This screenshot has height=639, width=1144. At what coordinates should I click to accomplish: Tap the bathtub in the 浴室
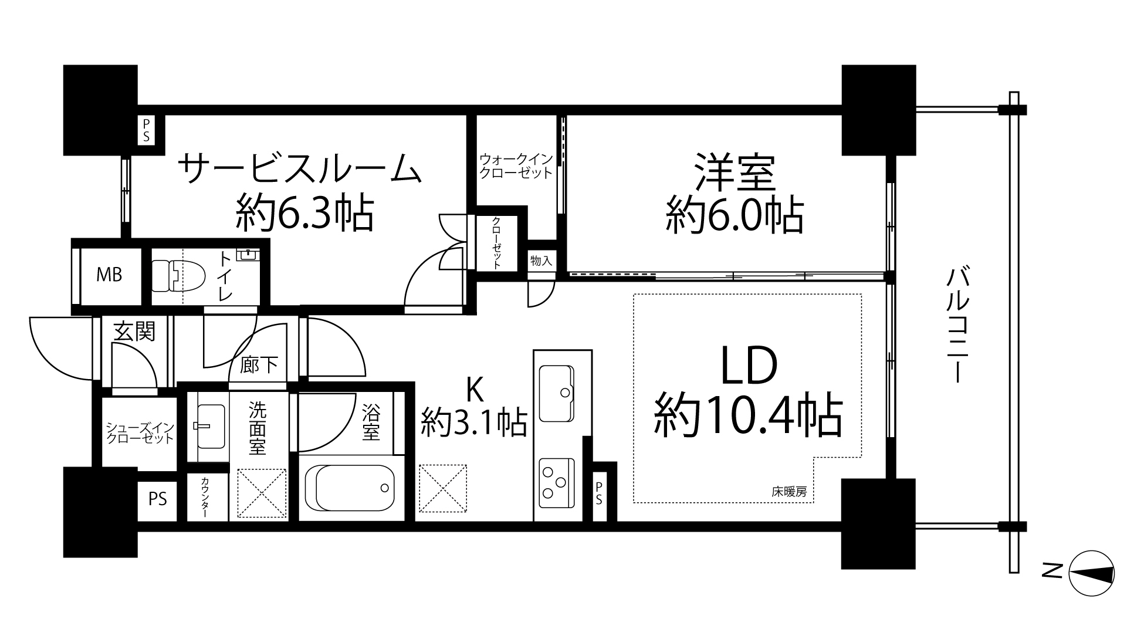(350, 488)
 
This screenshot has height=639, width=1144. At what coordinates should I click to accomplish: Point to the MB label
(110, 275)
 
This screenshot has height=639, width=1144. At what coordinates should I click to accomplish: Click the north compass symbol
(1091, 574)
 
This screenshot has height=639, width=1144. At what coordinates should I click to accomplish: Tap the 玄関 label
(135, 332)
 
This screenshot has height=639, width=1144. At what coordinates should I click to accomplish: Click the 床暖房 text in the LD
(789, 492)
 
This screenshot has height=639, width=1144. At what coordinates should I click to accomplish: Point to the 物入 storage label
(541, 261)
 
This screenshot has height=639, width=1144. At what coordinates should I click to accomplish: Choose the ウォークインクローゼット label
(516, 166)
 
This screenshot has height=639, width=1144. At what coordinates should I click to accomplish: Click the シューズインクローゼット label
(140, 433)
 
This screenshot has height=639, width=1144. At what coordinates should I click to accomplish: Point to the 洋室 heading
(735, 173)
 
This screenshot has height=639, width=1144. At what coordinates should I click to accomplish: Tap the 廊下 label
(259, 365)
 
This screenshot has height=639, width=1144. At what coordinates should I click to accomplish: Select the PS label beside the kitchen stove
(599, 493)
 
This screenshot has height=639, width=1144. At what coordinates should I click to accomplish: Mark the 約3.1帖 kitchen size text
(474, 422)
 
